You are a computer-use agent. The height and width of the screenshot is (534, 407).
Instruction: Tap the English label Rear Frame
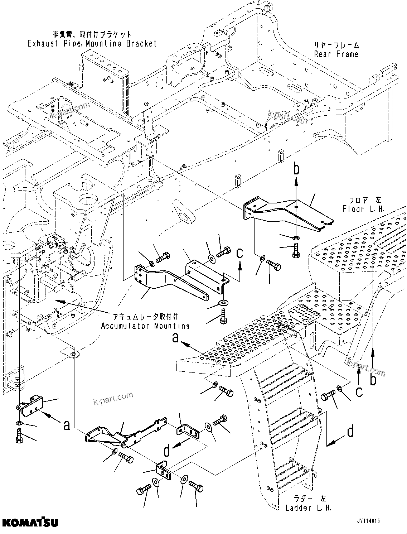point(336,54)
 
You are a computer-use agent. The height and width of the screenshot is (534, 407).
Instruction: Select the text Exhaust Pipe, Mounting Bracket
point(92,43)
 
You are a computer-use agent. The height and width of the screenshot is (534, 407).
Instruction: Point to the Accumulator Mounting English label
point(145,326)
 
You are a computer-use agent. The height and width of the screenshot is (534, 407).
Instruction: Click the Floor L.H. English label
point(363,209)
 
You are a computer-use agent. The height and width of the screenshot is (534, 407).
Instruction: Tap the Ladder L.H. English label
point(308,507)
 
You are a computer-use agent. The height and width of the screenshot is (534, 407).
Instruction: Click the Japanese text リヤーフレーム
point(336,45)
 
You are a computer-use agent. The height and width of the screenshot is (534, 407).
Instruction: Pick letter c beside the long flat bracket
point(240,253)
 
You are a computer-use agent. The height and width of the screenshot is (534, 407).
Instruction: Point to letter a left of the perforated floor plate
point(175,337)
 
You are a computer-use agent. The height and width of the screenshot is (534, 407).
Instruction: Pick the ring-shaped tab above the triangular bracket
point(74,354)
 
